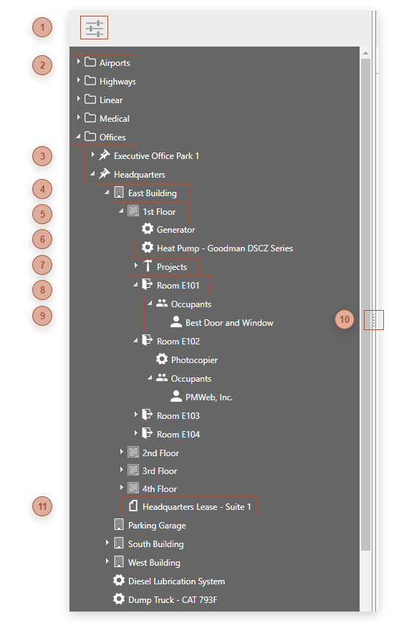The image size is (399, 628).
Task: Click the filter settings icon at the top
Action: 95,29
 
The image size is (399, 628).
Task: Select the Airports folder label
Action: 115,63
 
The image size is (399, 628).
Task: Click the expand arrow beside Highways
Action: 78,81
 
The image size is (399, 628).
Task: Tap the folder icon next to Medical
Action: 90,118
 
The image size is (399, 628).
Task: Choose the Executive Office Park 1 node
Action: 156,155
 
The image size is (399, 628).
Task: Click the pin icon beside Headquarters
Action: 105,174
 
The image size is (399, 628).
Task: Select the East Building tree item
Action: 152,193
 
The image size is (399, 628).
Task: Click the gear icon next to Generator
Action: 148,230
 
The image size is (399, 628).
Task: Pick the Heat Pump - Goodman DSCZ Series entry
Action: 224,248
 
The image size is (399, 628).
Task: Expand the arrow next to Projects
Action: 135,266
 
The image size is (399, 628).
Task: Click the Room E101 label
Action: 178,286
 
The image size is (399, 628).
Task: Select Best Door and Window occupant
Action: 229,323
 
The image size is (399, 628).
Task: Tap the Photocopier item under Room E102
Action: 194,360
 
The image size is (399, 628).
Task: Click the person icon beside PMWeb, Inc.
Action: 176,397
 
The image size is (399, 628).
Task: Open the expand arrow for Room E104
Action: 135,433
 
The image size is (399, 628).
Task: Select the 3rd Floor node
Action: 160,471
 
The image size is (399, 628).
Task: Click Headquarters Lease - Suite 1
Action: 196,507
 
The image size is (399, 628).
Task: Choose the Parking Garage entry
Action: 157,526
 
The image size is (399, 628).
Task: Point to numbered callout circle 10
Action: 345,319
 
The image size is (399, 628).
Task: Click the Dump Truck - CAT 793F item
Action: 172,599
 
